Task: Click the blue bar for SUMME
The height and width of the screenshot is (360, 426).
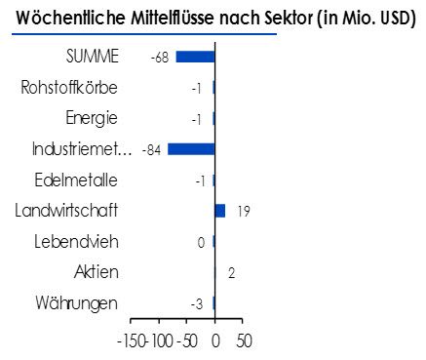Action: point(195,58)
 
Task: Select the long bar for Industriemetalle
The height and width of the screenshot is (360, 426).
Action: point(191,149)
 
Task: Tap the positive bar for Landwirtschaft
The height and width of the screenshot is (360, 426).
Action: point(219,211)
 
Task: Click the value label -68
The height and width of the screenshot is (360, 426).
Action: point(160,59)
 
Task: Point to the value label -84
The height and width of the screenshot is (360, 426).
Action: point(152,150)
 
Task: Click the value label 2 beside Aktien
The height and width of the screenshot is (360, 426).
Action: point(231,273)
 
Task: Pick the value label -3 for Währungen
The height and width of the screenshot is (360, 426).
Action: point(197,304)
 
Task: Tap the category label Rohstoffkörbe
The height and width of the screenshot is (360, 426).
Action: point(69,88)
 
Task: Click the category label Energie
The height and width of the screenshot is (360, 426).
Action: point(92,119)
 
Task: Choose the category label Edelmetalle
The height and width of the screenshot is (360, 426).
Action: point(76,180)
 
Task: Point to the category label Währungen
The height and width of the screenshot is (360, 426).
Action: point(76,303)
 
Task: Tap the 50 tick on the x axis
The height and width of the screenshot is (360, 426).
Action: point(244,342)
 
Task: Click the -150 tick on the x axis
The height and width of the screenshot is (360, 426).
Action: point(132,342)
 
